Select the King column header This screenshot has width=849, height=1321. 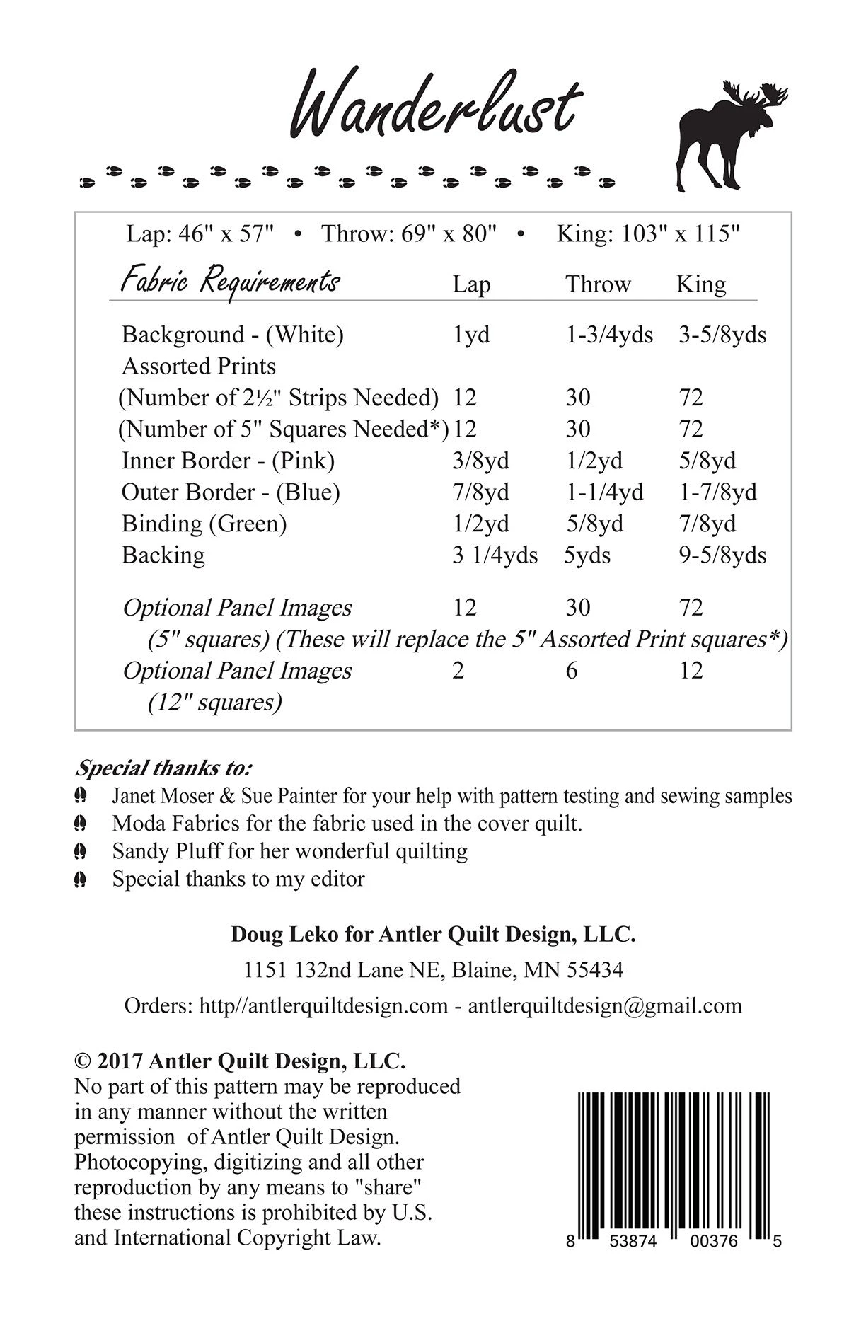pos(701,284)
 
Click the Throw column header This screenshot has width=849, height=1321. pos(598,284)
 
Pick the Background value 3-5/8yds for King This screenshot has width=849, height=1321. pos(722,334)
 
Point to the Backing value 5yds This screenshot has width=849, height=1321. pos(587,555)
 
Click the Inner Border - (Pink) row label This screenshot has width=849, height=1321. pos(228,461)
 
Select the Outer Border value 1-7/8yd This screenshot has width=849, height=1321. pos(717,492)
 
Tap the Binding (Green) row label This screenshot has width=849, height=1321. pos(204,524)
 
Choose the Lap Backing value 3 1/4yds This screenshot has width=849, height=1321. pos(495,555)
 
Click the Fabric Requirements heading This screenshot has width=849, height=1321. pos(231,282)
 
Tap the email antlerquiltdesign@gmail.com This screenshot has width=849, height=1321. pos(605,1005)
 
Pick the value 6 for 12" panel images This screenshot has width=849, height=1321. pos(572,670)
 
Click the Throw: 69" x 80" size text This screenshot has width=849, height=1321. pos(410,233)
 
